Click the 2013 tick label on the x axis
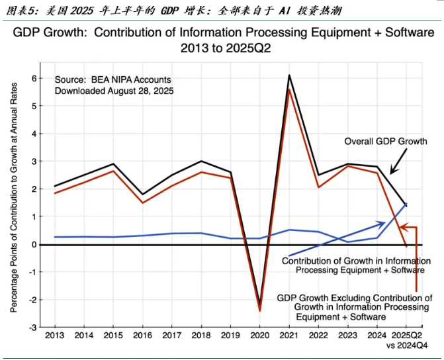coord(55,336)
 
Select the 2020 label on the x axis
coord(259,336)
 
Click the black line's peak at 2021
coord(289,75)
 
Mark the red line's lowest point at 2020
coord(259,311)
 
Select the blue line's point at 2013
coord(55,237)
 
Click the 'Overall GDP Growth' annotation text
coord(386,141)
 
